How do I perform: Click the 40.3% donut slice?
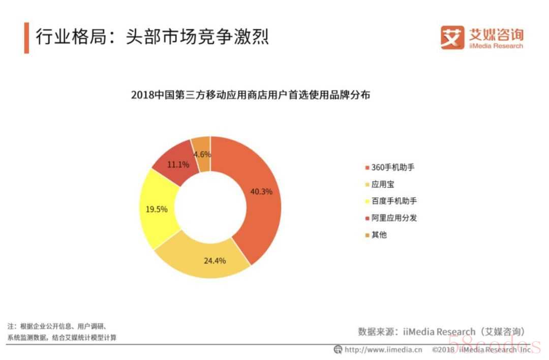point(262,192)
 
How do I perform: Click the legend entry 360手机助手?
point(390,167)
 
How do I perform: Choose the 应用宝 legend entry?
point(383,184)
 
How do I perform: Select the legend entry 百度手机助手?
point(394,201)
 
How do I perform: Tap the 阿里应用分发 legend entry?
point(394,218)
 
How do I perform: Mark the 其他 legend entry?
point(379,235)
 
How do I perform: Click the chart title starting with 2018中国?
point(250,95)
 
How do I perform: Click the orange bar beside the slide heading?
point(26,38)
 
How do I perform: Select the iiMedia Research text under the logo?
point(495,46)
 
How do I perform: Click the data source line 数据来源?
point(441,332)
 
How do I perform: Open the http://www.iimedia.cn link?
point(383,349)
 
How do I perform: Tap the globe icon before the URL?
point(338,349)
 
